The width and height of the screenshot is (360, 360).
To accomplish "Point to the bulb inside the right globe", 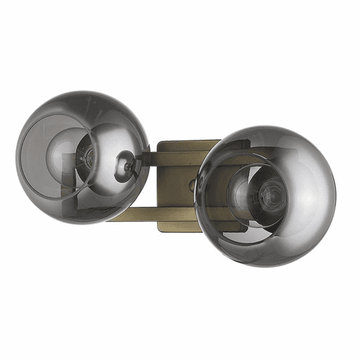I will (x=266, y=194).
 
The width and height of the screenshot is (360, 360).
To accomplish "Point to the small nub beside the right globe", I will (x=193, y=185).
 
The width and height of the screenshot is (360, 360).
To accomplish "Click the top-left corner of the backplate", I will (x=159, y=142).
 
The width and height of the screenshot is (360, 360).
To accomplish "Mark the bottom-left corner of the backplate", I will (x=159, y=230).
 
